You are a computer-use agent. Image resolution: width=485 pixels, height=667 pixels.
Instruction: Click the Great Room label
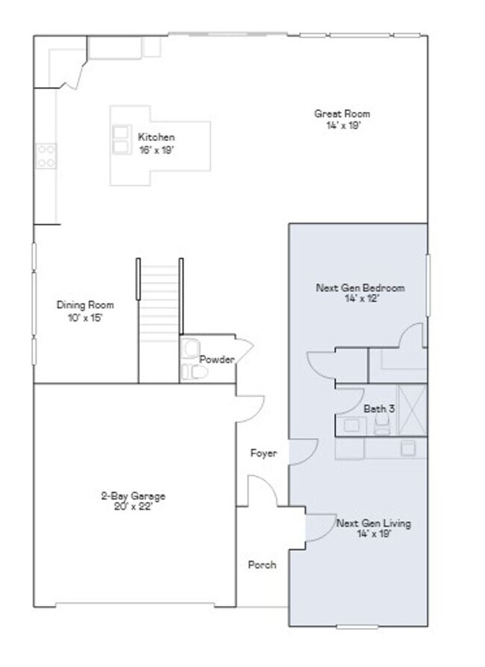click(x=342, y=114)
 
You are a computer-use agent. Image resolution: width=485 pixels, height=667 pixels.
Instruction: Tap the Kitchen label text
click(x=156, y=137)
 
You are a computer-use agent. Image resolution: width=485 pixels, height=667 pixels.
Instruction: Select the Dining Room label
click(x=85, y=304)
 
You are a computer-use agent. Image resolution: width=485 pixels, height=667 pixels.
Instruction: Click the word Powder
click(x=216, y=360)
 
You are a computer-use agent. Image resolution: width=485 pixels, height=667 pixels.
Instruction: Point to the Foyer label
click(x=263, y=453)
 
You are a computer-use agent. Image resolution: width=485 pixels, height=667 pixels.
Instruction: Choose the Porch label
click(x=262, y=565)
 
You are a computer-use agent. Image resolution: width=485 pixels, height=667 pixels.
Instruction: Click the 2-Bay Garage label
click(x=133, y=496)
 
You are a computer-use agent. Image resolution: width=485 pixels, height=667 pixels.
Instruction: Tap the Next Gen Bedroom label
click(x=361, y=287)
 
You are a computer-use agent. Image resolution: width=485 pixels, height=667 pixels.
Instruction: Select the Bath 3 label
click(x=379, y=409)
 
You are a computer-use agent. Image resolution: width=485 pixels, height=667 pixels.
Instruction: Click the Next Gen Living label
click(x=373, y=523)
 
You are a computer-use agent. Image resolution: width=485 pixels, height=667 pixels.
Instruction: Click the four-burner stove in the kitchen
click(x=46, y=155)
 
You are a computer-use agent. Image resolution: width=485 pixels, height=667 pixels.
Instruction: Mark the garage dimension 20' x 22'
click(x=133, y=507)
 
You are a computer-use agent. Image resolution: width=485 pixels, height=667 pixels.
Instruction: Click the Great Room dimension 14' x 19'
click(x=342, y=125)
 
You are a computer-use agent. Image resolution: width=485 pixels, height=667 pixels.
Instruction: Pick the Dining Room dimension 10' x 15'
click(x=85, y=316)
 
